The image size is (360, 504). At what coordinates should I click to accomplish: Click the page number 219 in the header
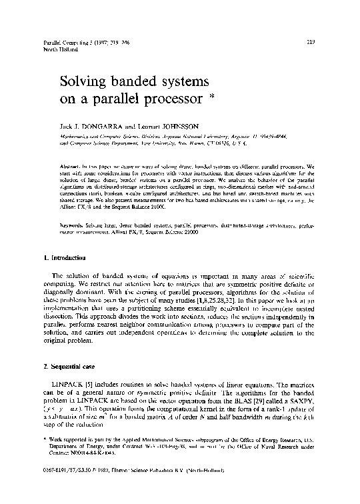310,42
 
